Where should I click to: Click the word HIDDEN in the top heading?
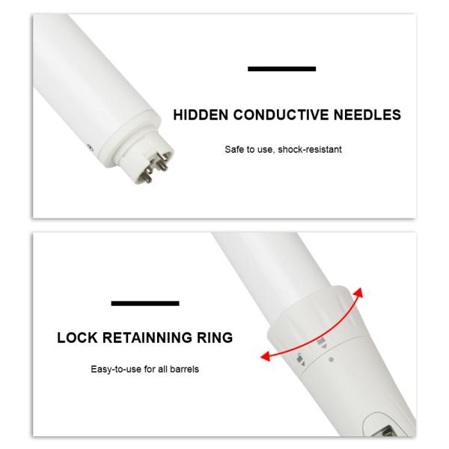pyautogui.click(x=201, y=114)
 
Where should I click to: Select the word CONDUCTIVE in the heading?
pyautogui.click(x=281, y=114)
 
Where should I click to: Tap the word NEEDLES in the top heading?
pyautogui.click(x=367, y=114)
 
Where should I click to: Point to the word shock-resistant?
pyautogui.click(x=310, y=149)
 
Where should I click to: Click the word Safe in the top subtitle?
pyautogui.click(x=233, y=149)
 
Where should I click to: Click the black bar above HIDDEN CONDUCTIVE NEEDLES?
pyautogui.click(x=282, y=69)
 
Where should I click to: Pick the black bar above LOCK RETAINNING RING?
pyautogui.click(x=145, y=303)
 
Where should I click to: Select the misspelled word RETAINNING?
pyautogui.click(x=147, y=337)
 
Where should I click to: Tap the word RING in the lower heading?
pyautogui.click(x=215, y=337)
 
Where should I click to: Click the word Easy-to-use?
pyautogui.click(x=116, y=369)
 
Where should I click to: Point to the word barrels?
pyautogui.click(x=184, y=369)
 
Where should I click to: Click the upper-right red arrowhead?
pyautogui.click(x=358, y=293)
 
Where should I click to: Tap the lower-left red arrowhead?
pyautogui.click(x=265, y=356)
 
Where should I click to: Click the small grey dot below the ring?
pyautogui.click(x=332, y=359)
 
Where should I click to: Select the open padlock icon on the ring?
pyautogui.click(x=300, y=358)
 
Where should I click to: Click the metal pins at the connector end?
pyautogui.click(x=154, y=168)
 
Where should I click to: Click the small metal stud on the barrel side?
pyautogui.click(x=90, y=148)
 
